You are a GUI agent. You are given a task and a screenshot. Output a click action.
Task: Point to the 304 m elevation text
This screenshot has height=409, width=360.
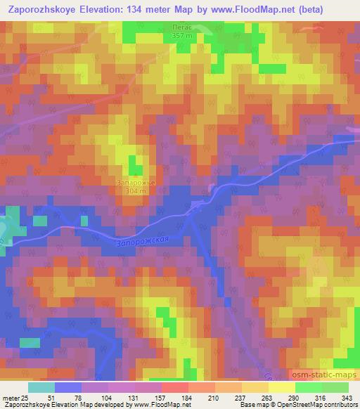click(131, 191)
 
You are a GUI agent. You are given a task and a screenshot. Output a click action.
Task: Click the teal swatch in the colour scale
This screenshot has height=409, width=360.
click(41, 388)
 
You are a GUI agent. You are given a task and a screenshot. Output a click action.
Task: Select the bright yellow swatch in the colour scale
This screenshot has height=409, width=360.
click(282, 388)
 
